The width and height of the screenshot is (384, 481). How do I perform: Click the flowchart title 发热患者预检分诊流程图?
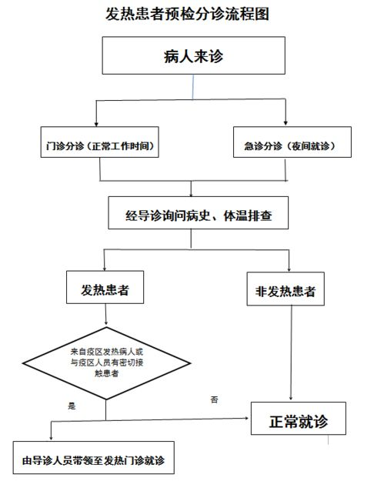click(188, 14)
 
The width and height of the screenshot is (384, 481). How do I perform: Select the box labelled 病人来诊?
click(193, 55)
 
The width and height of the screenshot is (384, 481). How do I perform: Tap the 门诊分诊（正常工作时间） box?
click(100, 142)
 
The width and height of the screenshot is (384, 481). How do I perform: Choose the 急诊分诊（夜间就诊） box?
click(292, 142)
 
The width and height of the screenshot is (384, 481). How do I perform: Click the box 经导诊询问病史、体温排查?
click(198, 213)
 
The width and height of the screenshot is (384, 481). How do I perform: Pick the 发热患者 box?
click(105, 287)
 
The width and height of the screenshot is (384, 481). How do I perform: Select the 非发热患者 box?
click(285, 289)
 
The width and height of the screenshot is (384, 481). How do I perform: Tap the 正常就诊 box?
click(299, 419)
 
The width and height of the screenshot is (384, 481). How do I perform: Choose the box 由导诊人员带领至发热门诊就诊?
click(94, 458)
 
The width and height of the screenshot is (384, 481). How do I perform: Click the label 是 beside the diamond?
click(72, 406)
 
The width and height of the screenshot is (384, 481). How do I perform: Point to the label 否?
click(214, 399)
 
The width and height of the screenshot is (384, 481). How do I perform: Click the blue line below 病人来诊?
click(193, 87)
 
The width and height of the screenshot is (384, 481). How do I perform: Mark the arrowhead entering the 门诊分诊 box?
click(96, 124)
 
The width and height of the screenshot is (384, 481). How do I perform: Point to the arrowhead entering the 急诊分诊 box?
click(285, 122)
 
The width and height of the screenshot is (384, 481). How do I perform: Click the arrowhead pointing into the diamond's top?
click(106, 322)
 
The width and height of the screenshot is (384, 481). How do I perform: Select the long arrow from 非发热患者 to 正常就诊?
click(291, 352)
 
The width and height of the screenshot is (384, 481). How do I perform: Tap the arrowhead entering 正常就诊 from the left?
click(246, 418)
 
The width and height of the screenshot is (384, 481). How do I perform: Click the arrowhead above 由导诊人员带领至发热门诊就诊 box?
click(51, 438)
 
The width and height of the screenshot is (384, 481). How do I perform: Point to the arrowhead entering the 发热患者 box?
click(105, 269)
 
